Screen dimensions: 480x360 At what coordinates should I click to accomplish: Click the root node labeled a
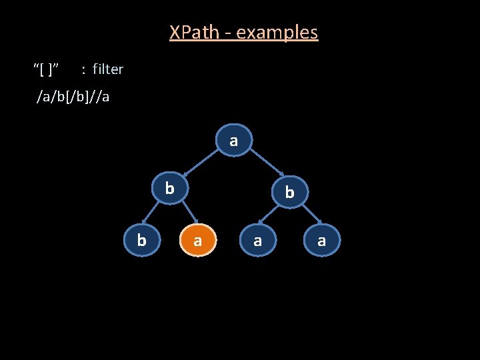coord(233,141)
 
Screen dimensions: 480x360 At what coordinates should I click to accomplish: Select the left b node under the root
coord(170,189)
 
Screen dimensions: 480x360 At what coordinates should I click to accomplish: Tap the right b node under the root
coord(289,192)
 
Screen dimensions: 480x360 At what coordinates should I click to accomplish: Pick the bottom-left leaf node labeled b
coord(141,239)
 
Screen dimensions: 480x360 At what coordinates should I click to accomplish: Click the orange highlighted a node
coord(197,240)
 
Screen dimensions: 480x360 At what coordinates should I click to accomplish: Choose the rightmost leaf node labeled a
coord(322,240)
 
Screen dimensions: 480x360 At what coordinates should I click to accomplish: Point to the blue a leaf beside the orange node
coord(257,240)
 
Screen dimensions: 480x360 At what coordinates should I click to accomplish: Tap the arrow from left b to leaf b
coord(155,212)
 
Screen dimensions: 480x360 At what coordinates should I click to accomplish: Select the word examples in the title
coord(277,32)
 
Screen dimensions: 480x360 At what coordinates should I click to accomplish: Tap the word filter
coord(108,69)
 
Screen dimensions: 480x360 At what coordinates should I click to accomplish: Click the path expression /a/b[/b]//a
coord(73,97)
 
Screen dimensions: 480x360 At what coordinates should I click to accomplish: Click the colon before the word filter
coord(83,69)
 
